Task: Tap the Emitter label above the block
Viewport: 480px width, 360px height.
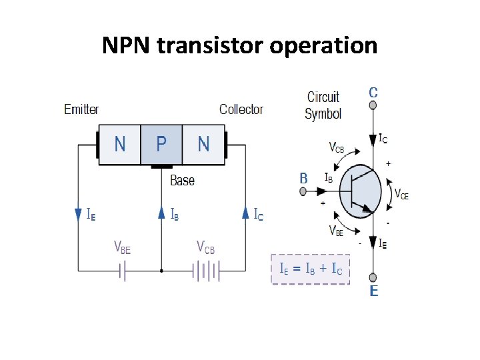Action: [81, 109]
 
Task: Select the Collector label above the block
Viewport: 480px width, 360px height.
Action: [241, 109]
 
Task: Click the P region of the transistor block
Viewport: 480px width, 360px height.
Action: [161, 144]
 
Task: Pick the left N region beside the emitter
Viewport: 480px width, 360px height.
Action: [119, 144]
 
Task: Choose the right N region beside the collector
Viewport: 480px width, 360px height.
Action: [203, 144]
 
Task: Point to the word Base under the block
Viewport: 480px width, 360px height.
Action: [182, 180]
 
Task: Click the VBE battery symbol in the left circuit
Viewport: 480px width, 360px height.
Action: [123, 271]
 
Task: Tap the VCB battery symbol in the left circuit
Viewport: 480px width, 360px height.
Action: [206, 271]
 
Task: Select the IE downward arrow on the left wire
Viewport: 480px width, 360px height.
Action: [79, 214]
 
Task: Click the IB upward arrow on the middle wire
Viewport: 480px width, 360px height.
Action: [161, 213]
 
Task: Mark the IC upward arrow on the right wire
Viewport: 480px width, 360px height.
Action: [245, 213]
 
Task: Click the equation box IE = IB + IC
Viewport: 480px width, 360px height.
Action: [310, 269]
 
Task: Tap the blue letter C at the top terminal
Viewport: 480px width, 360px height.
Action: [373, 92]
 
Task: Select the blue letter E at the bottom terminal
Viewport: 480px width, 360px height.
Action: [373, 291]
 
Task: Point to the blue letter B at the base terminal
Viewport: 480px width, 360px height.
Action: [303, 178]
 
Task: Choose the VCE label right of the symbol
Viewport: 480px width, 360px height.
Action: [401, 195]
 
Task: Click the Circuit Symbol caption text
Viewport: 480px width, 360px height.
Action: [323, 105]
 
